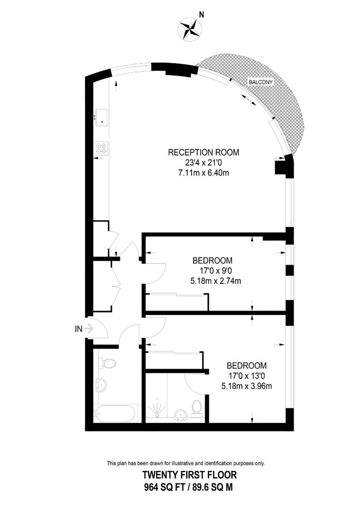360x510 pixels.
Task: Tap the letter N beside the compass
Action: click(x=201, y=15)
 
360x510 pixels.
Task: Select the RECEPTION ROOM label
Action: click(x=204, y=153)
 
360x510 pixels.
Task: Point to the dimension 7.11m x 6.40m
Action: click(x=204, y=172)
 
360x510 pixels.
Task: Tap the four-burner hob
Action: click(x=101, y=148)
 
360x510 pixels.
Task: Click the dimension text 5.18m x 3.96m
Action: click(x=246, y=386)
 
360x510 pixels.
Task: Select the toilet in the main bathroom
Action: click(x=108, y=364)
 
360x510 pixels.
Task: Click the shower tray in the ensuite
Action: click(x=157, y=408)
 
